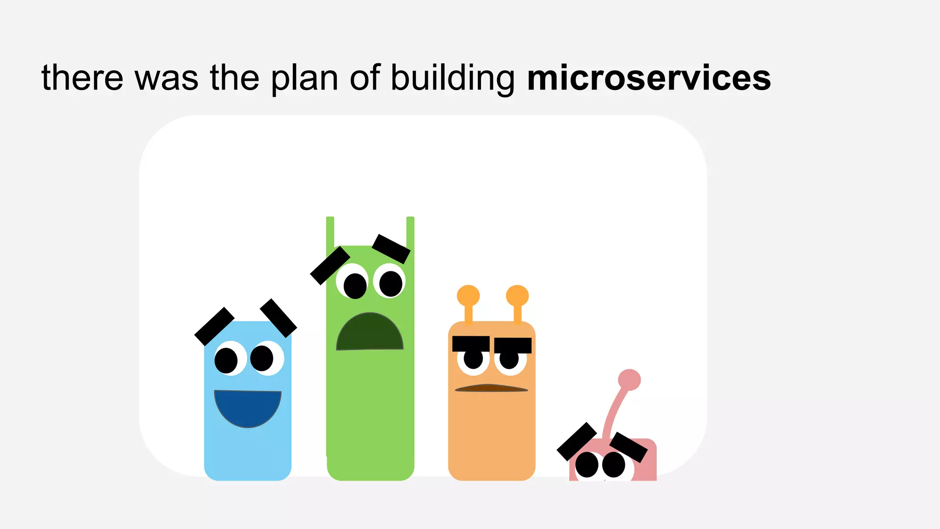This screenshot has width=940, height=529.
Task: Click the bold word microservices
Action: click(649, 78)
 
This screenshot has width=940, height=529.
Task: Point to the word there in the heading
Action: click(82, 78)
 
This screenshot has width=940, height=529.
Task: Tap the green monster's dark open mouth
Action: click(370, 332)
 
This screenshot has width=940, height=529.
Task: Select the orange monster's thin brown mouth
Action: click(491, 388)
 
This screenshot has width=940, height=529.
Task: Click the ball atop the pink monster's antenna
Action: click(629, 380)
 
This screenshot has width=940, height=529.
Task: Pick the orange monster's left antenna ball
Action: click(468, 296)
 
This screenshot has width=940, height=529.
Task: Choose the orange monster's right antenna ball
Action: click(517, 296)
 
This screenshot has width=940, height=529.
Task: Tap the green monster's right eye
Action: click(390, 281)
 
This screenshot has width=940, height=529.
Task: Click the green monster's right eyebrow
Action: click(391, 249)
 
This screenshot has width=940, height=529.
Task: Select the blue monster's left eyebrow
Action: click(214, 326)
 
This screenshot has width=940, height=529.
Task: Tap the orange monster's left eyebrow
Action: click(471, 344)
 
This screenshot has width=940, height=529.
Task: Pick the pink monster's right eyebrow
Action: click(628, 447)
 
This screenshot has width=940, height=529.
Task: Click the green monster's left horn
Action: click(330, 232)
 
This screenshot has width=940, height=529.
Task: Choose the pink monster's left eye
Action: click(587, 465)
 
